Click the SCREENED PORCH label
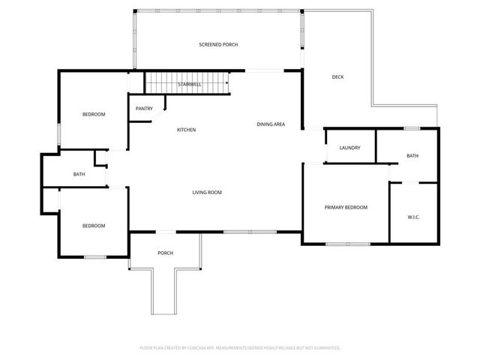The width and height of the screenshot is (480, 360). click(x=218, y=45)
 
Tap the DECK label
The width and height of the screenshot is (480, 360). click(x=338, y=76)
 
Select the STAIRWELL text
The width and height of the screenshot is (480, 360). click(x=189, y=85)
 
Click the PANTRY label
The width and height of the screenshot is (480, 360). click(x=144, y=109)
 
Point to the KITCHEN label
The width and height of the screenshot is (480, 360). click(x=186, y=130)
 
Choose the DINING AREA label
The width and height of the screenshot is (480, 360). click(x=270, y=124)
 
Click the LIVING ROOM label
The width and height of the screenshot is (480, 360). click(x=207, y=193)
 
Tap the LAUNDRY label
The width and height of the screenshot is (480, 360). click(x=349, y=148)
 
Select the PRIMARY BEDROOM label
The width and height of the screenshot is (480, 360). click(x=345, y=207)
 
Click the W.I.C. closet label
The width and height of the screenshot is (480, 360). click(x=413, y=218)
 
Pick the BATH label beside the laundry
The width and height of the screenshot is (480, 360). click(x=412, y=156)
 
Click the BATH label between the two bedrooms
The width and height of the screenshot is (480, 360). click(x=79, y=175)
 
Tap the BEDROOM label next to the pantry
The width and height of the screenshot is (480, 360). click(x=93, y=114)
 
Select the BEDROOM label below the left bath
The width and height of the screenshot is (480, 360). click(x=93, y=226)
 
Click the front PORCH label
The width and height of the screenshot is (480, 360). click(x=165, y=253)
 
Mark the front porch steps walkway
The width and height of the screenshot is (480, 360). click(x=165, y=292)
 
